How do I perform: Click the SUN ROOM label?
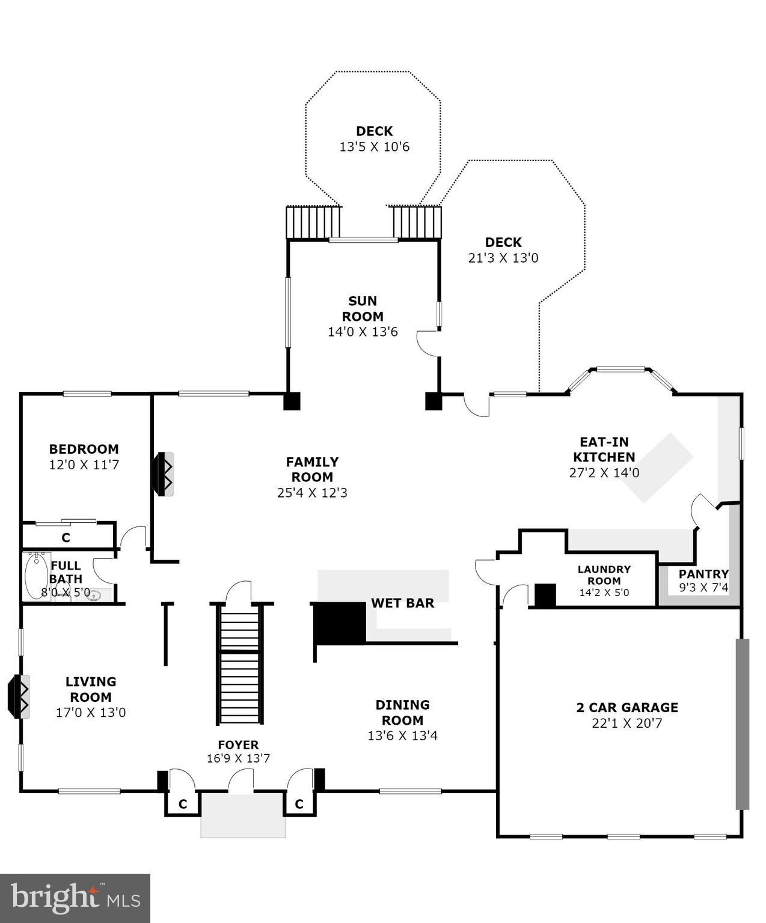(363, 308)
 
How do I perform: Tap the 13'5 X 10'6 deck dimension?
(374, 147)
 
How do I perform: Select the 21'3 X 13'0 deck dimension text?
(503, 258)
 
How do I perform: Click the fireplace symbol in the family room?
(164, 474)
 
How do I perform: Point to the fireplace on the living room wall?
(19, 696)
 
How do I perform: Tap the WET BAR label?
(402, 603)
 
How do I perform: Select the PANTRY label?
(703, 573)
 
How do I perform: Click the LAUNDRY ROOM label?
(604, 574)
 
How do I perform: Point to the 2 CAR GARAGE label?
(627, 707)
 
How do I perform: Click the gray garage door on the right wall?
(743, 723)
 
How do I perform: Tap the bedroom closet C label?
(66, 537)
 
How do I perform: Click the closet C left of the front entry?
(183, 803)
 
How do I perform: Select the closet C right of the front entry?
(299, 803)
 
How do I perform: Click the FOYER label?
(238, 745)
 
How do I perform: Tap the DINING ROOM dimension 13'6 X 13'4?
(402, 735)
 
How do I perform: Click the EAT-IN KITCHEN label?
(604, 449)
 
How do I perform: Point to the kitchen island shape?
(657, 466)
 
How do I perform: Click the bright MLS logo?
(75, 898)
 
